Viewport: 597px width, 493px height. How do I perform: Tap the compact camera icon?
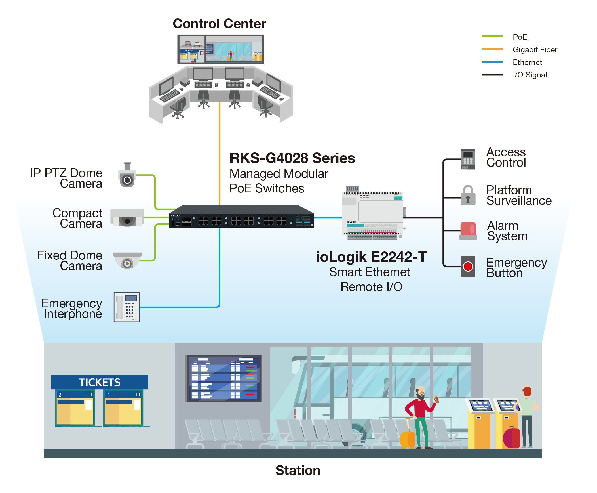[127, 217]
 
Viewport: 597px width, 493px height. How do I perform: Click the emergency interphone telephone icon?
[126, 307]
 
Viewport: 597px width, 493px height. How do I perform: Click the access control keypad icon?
[468, 159]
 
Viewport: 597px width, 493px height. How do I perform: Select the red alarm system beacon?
[468, 230]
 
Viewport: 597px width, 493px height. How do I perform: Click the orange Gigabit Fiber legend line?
[492, 49]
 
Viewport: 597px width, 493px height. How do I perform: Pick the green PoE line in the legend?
[492, 36]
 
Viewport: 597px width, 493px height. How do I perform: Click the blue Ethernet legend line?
[492, 62]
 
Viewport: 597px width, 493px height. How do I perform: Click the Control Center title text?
[219, 24]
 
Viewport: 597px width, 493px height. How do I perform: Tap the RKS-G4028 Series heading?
[292, 158]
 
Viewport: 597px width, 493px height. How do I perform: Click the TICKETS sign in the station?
[100, 382]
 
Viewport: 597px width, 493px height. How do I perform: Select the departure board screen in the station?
[223, 379]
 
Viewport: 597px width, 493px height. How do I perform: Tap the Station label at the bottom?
[298, 470]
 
